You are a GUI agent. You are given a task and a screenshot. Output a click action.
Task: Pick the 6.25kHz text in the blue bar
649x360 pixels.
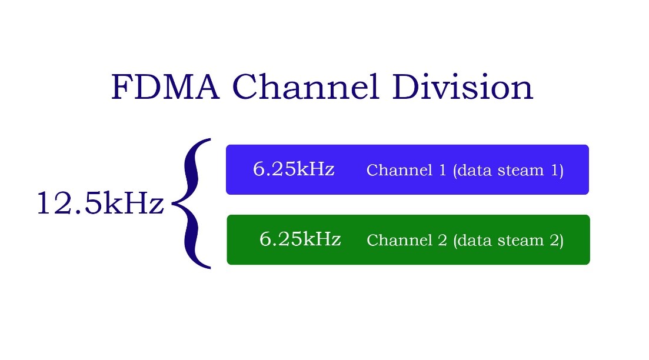coord(294,169)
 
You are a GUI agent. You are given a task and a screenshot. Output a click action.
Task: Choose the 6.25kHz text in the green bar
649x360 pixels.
coord(300,239)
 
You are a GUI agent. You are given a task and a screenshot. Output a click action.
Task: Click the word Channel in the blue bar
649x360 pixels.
coord(398,171)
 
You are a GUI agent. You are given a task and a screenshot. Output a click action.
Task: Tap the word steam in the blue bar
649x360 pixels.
coord(518,171)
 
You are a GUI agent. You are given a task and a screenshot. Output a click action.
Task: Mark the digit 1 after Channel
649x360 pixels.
coord(442,171)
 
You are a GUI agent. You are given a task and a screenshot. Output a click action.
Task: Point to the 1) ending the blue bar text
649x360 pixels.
coord(556,171)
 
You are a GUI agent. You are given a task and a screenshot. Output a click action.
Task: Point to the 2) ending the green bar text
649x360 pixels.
coord(556,241)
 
